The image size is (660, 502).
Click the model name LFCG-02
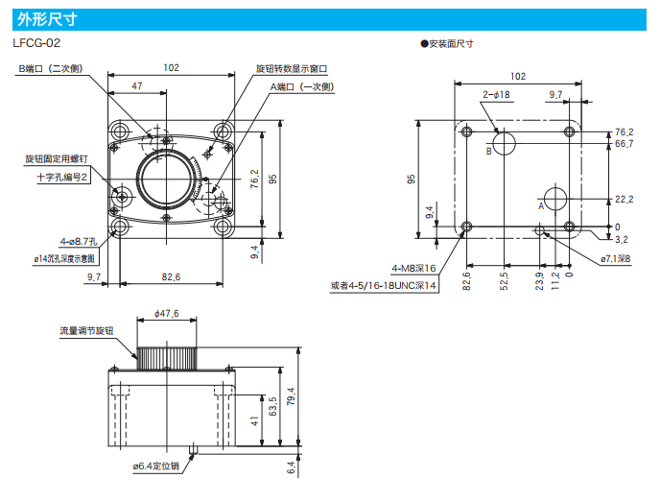[37, 43]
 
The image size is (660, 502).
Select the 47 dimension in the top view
[137, 86]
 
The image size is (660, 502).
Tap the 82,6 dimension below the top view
[171, 276]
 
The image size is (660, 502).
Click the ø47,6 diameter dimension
[167, 313]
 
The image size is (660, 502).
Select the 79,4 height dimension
[291, 395]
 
